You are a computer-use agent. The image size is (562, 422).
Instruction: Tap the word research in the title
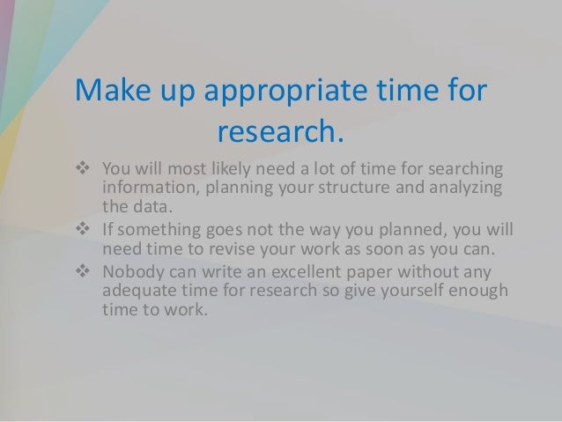[277, 134]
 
